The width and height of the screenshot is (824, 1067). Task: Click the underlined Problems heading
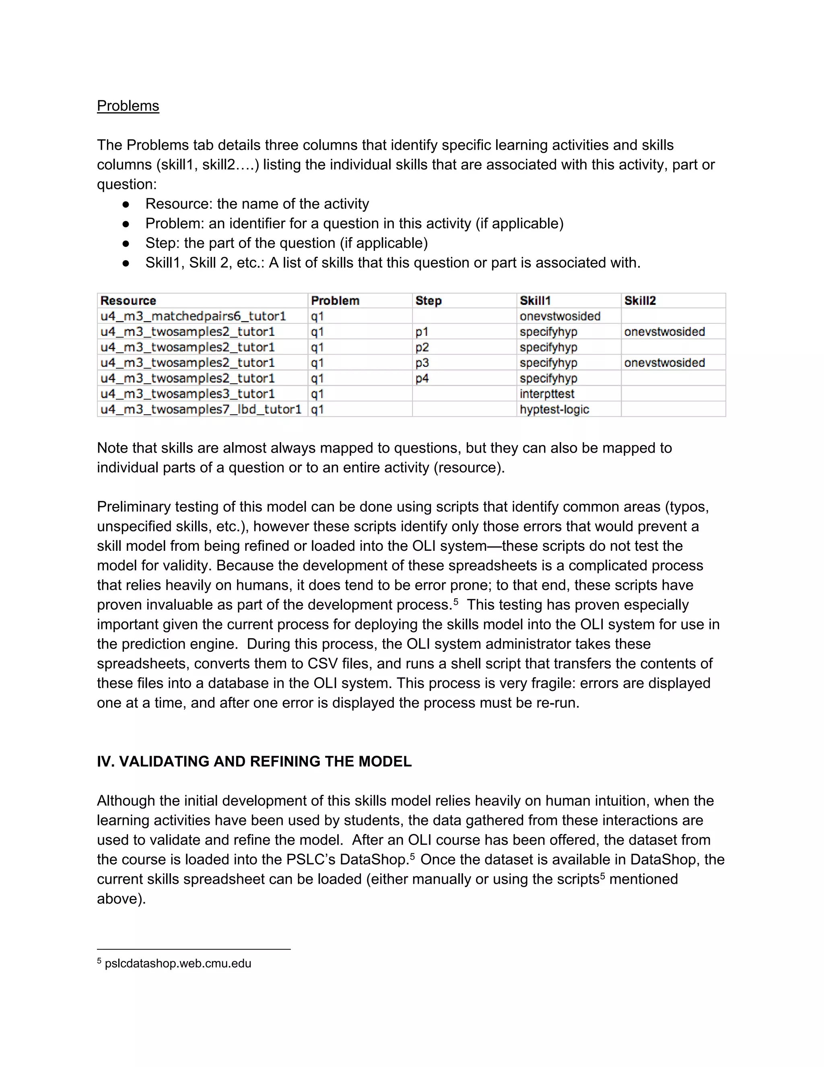[x=128, y=105]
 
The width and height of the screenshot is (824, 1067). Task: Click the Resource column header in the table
[x=128, y=300]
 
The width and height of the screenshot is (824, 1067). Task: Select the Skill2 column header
[x=640, y=300]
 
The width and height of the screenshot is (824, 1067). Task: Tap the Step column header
[x=428, y=300]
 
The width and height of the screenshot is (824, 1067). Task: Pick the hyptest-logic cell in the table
[x=554, y=409]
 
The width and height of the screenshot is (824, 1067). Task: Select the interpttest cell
[x=547, y=394]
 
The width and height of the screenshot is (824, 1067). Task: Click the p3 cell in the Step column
[x=422, y=362]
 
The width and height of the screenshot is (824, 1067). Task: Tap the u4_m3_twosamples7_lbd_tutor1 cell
[x=201, y=409]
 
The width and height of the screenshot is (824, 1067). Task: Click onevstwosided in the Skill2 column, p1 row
[x=664, y=332]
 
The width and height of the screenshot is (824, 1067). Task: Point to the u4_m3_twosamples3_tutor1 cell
[x=187, y=394]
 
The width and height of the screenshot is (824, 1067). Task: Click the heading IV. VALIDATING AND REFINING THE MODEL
[x=254, y=761]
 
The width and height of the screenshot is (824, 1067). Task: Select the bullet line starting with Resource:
[x=257, y=204]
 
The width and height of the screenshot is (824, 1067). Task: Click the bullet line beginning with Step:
[x=286, y=243]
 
